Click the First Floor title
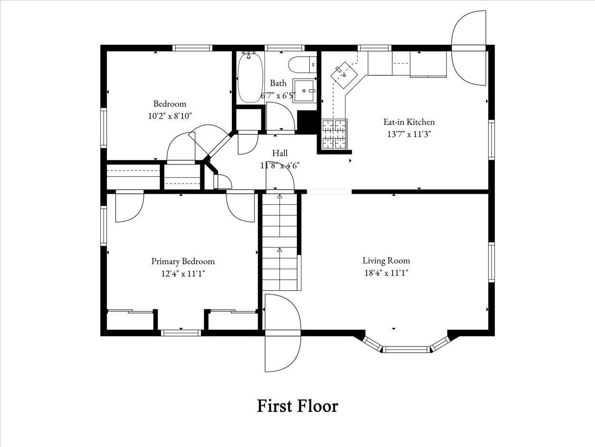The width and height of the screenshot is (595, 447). click(297, 406)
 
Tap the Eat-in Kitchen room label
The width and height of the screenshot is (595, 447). click(409, 122)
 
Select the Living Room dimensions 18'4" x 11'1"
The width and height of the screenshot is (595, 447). click(386, 273)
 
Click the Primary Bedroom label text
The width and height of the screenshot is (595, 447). click(183, 261)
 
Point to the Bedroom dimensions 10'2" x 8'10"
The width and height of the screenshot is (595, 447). click(169, 116)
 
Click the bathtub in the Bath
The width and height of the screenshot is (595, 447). click(250, 78)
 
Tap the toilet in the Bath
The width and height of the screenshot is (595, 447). click(302, 64)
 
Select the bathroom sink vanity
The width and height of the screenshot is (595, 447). click(304, 91)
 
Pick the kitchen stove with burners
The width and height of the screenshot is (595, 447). click(335, 134)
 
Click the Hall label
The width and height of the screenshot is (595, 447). click(280, 153)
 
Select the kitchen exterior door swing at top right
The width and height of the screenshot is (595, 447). click(469, 48)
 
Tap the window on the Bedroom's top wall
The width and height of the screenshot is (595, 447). click(192, 48)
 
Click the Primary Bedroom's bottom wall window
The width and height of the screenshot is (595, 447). click(180, 333)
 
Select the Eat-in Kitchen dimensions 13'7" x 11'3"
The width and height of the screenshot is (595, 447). click(409, 134)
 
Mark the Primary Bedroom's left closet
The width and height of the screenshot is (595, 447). click(130, 321)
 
